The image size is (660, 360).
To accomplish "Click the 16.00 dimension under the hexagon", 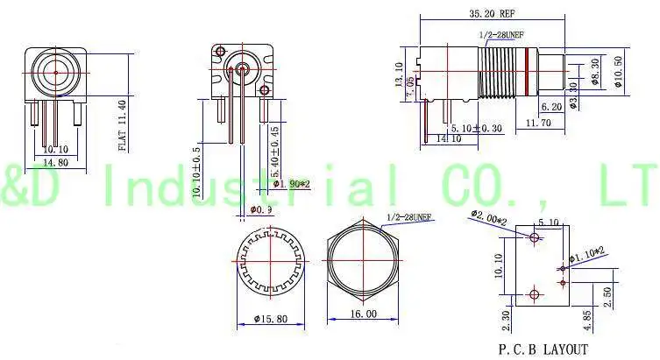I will pyautogui.click(x=363, y=313).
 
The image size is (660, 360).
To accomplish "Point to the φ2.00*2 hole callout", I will pyautogui.click(x=488, y=215).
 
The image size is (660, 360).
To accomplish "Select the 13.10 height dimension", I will pyautogui.click(x=399, y=71).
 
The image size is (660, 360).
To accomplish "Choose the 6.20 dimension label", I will pyautogui.click(x=551, y=106).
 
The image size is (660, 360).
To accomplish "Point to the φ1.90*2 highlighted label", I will pyautogui.click(x=290, y=183).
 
